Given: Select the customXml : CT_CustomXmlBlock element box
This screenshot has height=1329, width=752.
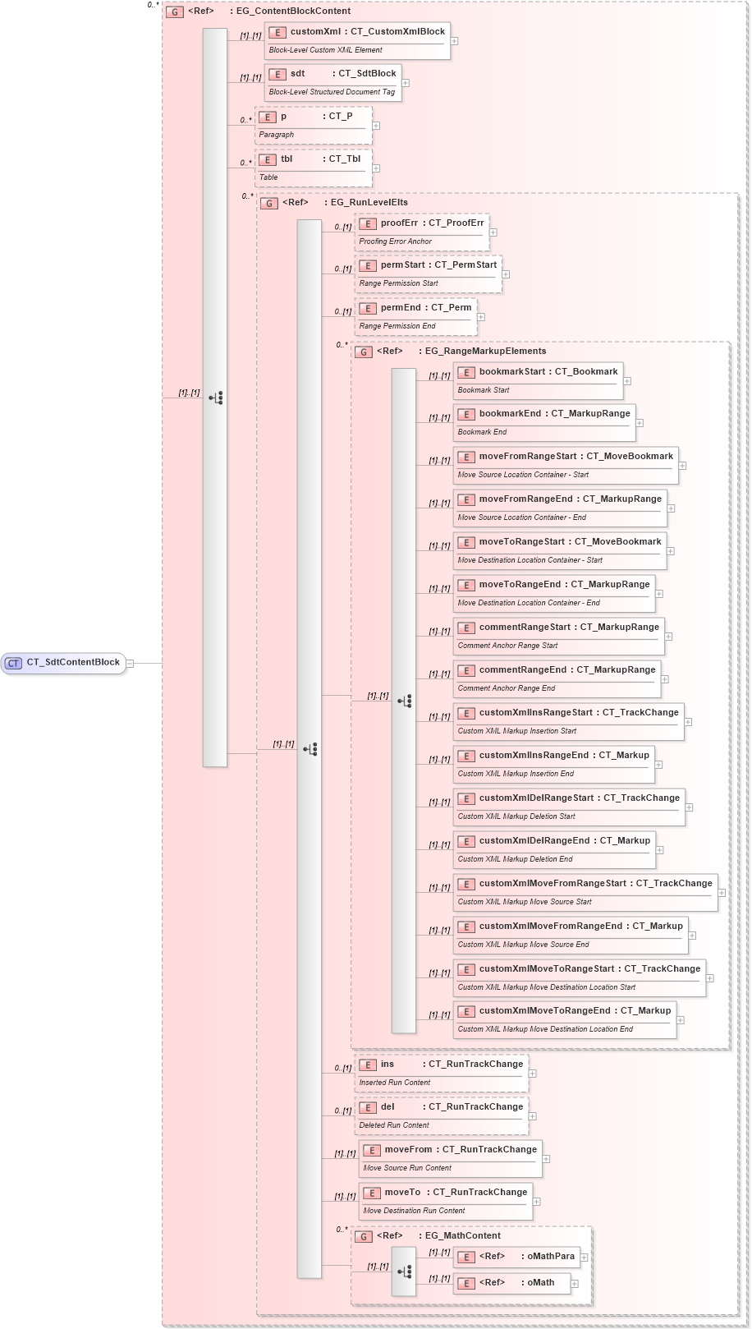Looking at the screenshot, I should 357,40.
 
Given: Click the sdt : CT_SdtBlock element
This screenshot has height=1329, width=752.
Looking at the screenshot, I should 332,82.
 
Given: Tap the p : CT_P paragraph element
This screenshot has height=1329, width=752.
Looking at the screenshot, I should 313,125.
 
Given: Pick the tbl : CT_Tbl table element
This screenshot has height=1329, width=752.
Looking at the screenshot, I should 313,168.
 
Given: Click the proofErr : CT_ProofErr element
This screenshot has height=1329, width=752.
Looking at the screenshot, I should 421,232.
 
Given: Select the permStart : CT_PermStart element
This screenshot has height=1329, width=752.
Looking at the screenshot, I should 428,274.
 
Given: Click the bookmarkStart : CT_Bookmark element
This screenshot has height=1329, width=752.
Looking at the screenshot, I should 538,380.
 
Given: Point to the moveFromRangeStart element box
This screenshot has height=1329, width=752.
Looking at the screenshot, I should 566,465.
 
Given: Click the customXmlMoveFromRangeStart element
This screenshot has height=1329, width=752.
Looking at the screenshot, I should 585,892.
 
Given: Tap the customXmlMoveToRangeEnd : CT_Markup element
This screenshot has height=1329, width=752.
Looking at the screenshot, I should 565,1019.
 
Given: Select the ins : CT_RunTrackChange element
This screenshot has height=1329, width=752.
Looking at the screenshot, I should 441,1073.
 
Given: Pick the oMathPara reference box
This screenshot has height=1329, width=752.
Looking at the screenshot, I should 516,1257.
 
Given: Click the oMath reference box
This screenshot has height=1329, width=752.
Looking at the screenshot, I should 511,1283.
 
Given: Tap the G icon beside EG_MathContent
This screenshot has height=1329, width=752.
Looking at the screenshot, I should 364,1236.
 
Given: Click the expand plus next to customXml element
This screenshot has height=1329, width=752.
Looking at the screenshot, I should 454,40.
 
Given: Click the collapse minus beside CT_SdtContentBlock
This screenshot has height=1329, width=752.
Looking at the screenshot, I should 130,663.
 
